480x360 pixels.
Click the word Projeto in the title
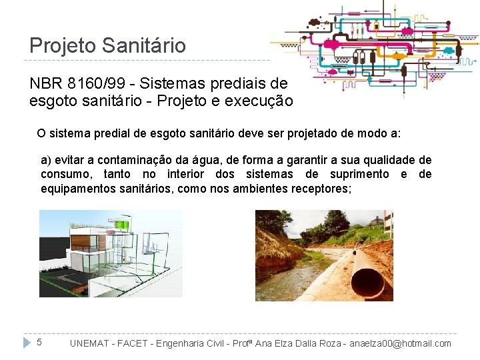(63, 45)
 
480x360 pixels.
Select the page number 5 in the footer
(39, 343)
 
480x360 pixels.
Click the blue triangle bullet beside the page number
(27, 343)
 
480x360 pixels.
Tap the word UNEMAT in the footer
(91, 344)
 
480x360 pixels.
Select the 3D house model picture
(111, 253)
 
